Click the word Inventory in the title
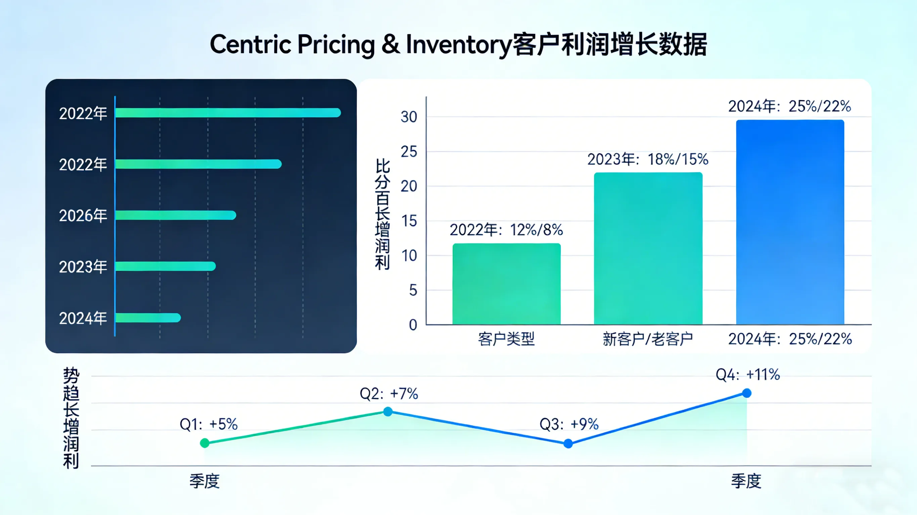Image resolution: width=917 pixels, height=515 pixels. point(458,45)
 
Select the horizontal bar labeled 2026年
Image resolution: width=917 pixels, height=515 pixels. point(175,215)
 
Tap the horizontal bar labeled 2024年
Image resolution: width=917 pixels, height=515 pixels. point(148,318)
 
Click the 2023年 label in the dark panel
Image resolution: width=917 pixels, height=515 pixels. point(83,267)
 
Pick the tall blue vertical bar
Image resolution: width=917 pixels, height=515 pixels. point(790,222)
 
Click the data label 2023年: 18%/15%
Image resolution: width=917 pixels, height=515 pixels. point(648,159)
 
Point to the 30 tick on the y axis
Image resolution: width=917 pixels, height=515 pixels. point(409,117)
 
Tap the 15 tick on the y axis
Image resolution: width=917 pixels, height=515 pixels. point(409,221)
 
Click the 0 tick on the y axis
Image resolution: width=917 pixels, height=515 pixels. point(412,325)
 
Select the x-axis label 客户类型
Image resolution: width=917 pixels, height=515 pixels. point(506,339)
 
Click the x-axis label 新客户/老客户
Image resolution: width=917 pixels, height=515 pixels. point(648,339)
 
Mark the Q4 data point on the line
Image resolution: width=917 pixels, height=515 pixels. point(747,393)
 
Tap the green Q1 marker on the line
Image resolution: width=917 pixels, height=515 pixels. point(205,443)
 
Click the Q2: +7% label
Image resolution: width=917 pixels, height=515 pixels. point(389,394)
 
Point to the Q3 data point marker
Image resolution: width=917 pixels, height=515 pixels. point(568,444)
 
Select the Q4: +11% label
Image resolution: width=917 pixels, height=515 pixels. point(748,374)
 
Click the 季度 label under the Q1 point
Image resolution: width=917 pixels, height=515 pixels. point(204,481)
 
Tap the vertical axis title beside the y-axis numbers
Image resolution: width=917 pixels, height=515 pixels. point(382,214)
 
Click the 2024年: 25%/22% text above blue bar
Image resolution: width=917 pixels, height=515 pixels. point(789,106)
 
